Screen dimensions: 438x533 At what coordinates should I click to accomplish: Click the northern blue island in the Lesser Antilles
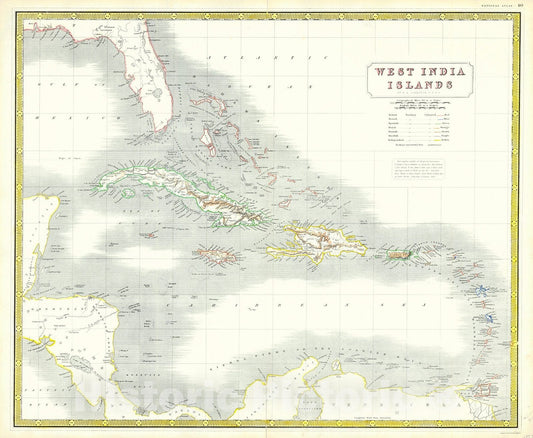point(481,293)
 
